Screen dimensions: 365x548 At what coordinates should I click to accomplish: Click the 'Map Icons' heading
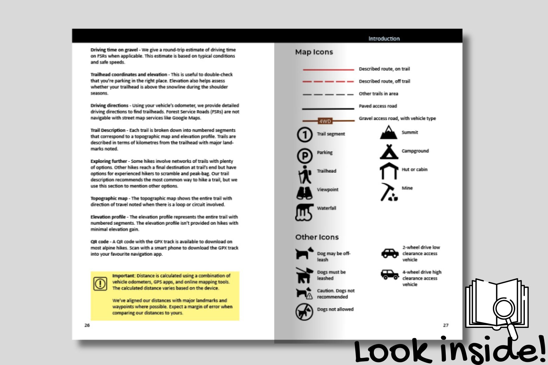(x=314, y=52)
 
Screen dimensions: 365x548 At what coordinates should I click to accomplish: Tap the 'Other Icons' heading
(x=317, y=237)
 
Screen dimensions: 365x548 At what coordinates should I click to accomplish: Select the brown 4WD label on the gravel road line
(x=325, y=121)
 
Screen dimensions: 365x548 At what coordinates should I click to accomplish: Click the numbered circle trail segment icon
(x=304, y=134)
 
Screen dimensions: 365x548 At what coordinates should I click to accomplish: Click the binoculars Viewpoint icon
(x=304, y=193)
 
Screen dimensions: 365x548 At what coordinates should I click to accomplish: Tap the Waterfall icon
(x=304, y=212)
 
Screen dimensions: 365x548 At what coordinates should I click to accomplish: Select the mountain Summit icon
(x=388, y=133)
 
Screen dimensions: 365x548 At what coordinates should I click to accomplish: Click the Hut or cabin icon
(x=389, y=171)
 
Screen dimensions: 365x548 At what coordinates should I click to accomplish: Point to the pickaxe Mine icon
(x=389, y=192)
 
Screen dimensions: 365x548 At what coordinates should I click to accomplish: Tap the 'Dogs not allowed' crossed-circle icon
(x=304, y=311)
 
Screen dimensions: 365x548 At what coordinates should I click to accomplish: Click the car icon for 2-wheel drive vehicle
(x=390, y=253)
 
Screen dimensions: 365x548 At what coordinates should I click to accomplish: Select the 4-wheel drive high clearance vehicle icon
(x=390, y=274)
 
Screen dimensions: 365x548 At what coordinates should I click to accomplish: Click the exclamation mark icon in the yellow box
(x=100, y=284)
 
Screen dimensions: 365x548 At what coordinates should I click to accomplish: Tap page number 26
(x=87, y=325)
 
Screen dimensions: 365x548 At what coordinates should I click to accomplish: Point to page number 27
(x=446, y=325)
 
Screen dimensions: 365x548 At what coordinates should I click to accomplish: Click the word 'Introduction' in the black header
(x=384, y=39)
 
